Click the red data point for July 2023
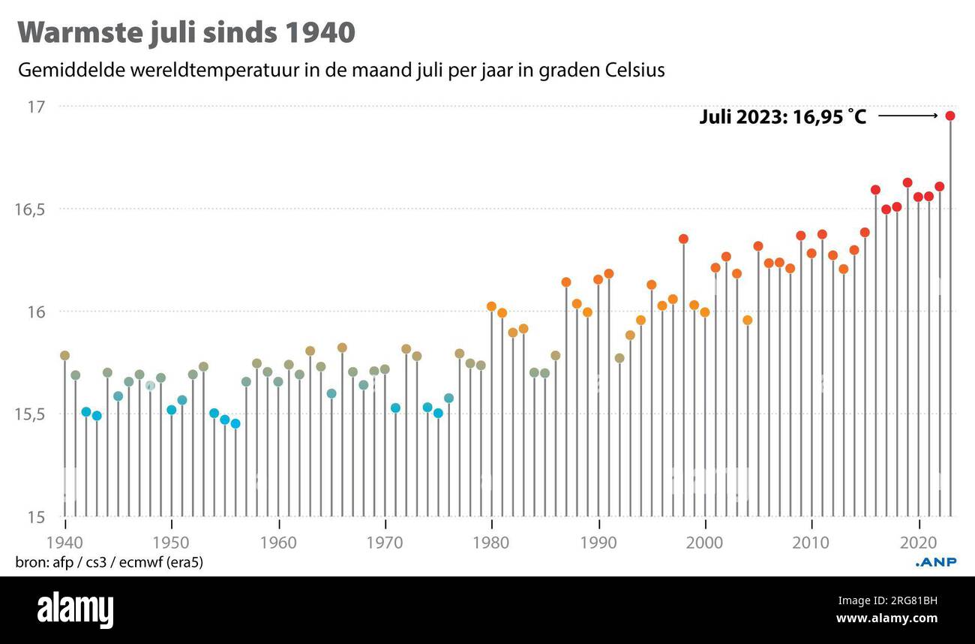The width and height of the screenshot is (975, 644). click(x=949, y=116)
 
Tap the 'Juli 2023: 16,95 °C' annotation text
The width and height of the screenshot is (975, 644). click(x=782, y=117)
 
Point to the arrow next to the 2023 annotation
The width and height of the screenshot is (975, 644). click(x=907, y=116)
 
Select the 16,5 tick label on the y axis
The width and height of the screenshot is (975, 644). click(x=31, y=209)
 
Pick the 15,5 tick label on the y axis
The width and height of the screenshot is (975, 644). click(x=31, y=414)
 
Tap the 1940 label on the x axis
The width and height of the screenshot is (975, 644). click(x=65, y=543)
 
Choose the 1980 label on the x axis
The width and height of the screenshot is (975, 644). click(x=491, y=543)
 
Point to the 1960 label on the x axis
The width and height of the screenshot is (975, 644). click(x=278, y=543)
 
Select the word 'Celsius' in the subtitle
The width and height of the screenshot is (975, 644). click(x=637, y=71)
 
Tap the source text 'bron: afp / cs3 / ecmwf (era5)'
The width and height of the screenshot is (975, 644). click(x=109, y=562)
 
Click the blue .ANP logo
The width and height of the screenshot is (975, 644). click(x=936, y=562)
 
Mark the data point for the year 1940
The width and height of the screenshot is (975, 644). click(x=64, y=356)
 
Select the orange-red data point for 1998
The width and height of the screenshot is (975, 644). click(x=683, y=239)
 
